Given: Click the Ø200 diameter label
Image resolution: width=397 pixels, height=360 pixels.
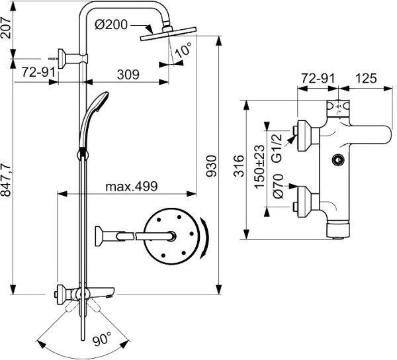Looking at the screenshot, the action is [x=111, y=24].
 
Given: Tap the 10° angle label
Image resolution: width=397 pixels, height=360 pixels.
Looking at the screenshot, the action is [x=183, y=50].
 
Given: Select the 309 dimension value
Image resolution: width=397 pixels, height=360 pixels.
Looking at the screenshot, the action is [x=128, y=74].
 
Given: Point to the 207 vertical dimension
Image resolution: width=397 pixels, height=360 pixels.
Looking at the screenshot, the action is [x=6, y=28].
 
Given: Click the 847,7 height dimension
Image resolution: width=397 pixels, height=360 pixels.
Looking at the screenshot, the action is [x=6, y=180].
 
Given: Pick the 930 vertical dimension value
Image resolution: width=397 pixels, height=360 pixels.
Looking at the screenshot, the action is [x=210, y=166].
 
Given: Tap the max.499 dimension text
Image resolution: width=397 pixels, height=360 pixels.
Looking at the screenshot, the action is [x=132, y=187].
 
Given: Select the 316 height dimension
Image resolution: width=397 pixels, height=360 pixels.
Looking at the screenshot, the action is [x=238, y=166].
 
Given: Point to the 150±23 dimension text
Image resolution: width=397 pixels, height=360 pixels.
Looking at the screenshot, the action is [x=259, y=166].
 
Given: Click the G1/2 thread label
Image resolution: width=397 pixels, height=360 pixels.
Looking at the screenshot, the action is [x=277, y=148].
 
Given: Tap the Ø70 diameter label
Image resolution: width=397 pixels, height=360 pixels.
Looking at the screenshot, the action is [x=278, y=187].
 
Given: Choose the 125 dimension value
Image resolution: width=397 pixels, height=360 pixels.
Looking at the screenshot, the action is [x=366, y=78].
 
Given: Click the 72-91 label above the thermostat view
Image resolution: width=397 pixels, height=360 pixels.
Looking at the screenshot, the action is [x=318, y=78].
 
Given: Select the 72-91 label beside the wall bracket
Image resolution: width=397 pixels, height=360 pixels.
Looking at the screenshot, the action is [x=38, y=72].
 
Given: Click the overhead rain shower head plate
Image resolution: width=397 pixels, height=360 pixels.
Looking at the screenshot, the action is [x=169, y=33].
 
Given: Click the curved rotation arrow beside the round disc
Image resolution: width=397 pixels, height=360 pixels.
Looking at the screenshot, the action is [x=204, y=238].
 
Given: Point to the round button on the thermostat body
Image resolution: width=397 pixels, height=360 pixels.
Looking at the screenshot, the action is [x=338, y=160].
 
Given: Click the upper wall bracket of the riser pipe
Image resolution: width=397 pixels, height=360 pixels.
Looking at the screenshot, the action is [x=73, y=58].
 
